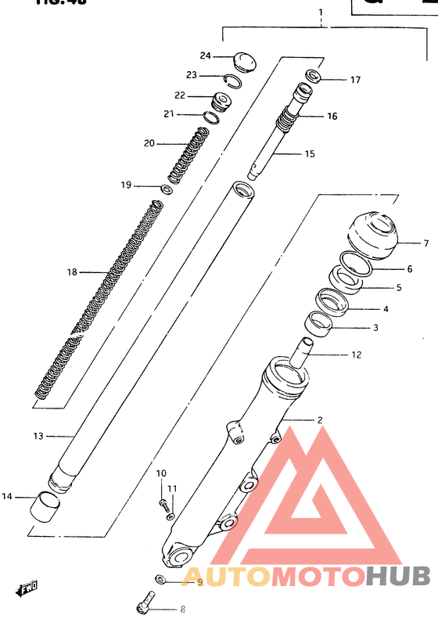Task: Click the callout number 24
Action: coord(205,56)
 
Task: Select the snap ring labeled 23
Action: coord(234,77)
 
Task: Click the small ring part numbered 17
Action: coord(313,77)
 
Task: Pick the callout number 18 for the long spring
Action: coord(72,272)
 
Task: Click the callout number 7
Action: coord(426,243)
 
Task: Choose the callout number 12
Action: coord(356,354)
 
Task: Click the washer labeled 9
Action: coord(160,580)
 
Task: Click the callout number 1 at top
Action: coord(320,13)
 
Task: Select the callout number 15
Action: coord(309,154)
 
